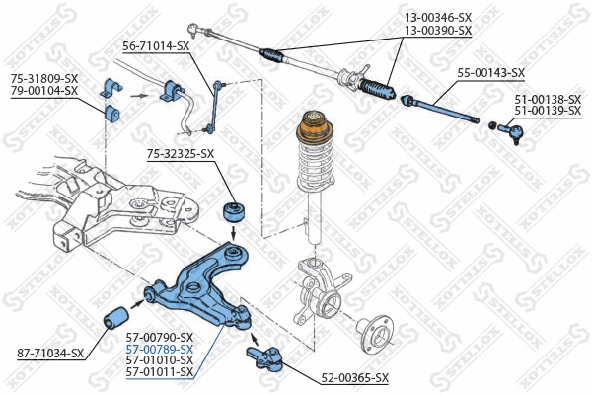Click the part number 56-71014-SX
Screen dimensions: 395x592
156,45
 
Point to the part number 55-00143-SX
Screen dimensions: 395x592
490,72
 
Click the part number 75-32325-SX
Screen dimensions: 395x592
181,153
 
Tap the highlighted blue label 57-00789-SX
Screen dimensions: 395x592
160,350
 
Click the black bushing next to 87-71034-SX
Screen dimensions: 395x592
117,318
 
